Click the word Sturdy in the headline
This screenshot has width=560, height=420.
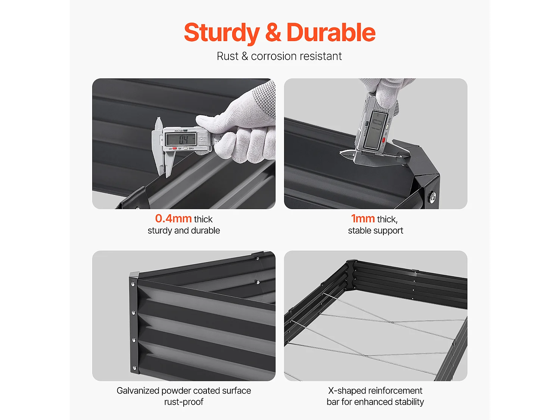(x=222, y=33)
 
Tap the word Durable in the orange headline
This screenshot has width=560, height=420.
(x=331, y=32)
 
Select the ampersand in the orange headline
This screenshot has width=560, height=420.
(x=273, y=32)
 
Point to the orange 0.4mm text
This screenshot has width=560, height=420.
(x=173, y=218)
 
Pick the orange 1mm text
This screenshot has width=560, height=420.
(x=363, y=218)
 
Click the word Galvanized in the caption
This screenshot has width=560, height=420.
(x=138, y=391)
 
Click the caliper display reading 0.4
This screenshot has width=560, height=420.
(x=181, y=139)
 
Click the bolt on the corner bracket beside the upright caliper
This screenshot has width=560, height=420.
(x=432, y=197)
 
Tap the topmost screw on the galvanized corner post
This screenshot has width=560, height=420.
(x=133, y=284)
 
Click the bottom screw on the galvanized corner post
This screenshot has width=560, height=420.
(x=134, y=367)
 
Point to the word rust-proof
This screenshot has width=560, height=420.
(x=184, y=402)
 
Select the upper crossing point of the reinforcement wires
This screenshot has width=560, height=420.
(x=392, y=323)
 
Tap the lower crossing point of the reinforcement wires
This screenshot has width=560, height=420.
(x=365, y=355)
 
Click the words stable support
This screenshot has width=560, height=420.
(x=376, y=230)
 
